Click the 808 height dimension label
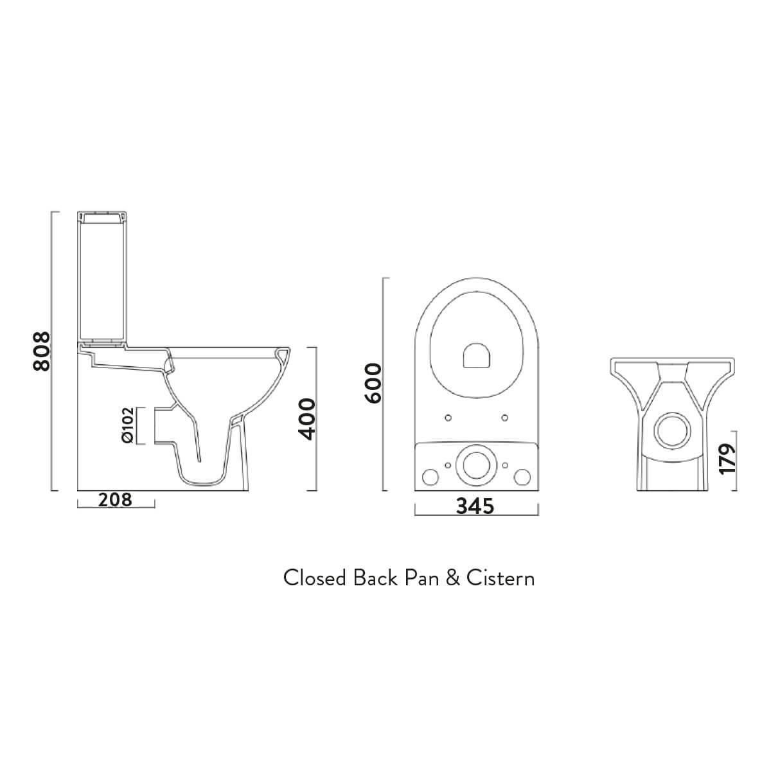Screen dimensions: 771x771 41,351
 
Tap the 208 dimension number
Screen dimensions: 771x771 115,499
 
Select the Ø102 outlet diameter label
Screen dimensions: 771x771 127,425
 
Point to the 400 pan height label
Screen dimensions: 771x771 308,418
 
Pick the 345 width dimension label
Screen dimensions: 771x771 475,506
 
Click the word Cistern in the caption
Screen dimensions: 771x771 501,578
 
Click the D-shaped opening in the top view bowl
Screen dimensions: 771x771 476,355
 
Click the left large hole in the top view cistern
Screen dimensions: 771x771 429,477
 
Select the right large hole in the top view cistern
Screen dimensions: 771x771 522,477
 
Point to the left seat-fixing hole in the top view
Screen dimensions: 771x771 448,418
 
